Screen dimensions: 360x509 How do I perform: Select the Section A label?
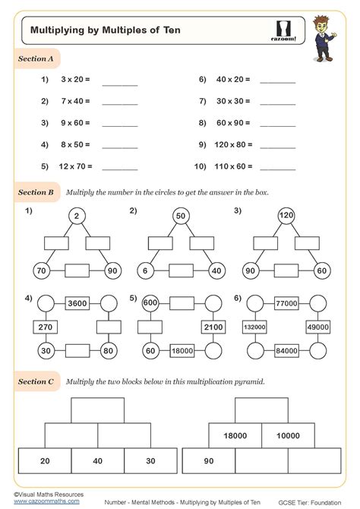pos(36,58)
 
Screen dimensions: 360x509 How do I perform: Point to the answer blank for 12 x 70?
pos(119,167)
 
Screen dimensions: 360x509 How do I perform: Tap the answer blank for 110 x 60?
pos(277,167)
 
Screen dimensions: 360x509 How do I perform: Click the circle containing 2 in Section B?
pos(76,217)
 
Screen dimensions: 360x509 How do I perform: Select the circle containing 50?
pos(180,217)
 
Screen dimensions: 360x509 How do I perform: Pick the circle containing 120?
pos(285,217)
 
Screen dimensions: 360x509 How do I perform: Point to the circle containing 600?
pos(149,302)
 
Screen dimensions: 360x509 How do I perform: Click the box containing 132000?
pos(254,327)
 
